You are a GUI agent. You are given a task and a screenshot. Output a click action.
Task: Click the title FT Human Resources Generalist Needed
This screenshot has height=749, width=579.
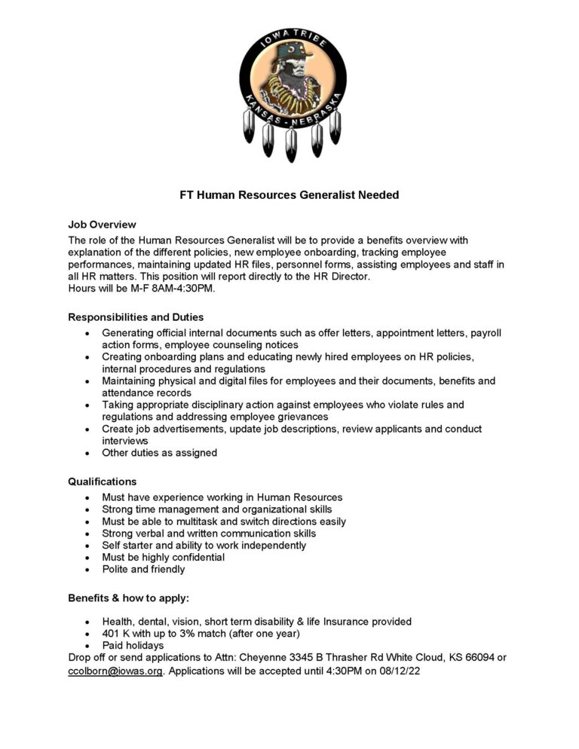pos(289,195)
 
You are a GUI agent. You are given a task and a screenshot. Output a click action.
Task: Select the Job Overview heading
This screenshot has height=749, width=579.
pos(102,225)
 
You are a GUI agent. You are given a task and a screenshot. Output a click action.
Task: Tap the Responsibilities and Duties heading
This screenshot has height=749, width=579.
pos(136,317)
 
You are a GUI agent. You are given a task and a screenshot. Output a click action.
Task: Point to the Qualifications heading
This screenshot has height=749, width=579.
pos(103,481)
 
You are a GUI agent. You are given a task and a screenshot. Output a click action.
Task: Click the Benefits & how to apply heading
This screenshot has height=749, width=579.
pos(129,598)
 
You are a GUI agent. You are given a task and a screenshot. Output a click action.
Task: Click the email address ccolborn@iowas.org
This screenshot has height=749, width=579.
pos(115,670)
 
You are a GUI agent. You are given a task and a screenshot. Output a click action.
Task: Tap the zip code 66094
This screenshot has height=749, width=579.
pos(471,658)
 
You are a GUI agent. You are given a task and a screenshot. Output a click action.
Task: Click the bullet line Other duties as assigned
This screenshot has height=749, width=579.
pos(160,453)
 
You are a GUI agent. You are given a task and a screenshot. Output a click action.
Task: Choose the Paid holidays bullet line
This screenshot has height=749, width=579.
pos(133,646)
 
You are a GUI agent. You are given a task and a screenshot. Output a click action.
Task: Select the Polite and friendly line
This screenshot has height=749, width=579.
pos(144,570)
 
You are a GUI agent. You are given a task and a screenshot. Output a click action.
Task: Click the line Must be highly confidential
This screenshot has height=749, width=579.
pos(164,558)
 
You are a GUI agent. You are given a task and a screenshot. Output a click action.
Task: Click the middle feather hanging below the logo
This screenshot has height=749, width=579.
pos(290,143)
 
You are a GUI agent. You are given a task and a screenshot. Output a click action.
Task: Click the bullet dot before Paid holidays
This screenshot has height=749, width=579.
pos(89,647)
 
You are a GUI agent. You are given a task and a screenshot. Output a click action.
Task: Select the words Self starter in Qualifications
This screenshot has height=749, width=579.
pos(127,546)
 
